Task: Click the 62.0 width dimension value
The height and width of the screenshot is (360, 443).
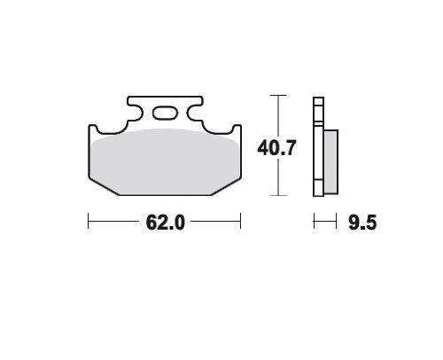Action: coord(165,223)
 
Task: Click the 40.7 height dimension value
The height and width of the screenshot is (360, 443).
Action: coord(276,148)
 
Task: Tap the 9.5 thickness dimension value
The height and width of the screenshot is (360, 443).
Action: coord(362,223)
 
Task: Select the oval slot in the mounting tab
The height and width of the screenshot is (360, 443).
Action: coord(165,113)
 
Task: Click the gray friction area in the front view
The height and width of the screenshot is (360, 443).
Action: coord(165,161)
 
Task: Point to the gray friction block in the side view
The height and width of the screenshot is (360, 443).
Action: coord(330,161)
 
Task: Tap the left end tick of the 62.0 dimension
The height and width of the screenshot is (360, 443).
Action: coord(89,221)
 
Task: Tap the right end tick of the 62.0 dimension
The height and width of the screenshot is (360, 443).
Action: coord(241,221)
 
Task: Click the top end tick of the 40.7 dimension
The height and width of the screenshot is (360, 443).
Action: coord(278,95)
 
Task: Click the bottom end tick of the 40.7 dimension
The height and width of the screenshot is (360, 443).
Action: coord(278,195)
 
